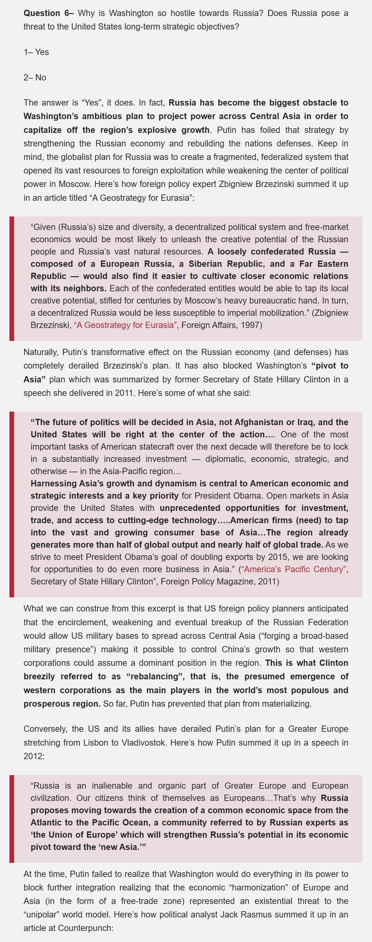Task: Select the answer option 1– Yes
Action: (x=36, y=52)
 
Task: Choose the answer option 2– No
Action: (x=35, y=78)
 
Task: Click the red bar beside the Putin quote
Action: (x=12, y=819)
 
